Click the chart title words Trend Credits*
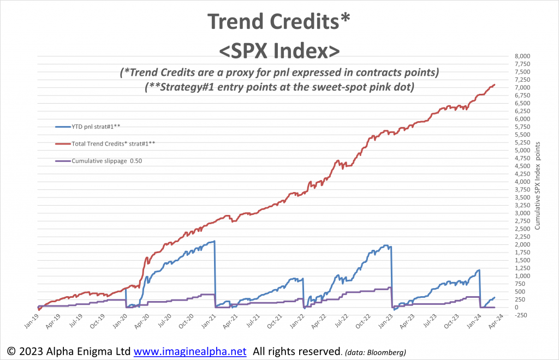pos(279,22)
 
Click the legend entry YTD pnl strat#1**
pos(96,126)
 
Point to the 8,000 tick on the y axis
pos(522,56)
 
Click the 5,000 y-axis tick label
pos(522,151)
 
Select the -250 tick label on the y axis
pos(521,315)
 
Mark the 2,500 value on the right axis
pos(522,229)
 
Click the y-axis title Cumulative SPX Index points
pos(538,185)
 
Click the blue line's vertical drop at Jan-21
pos(215,273)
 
